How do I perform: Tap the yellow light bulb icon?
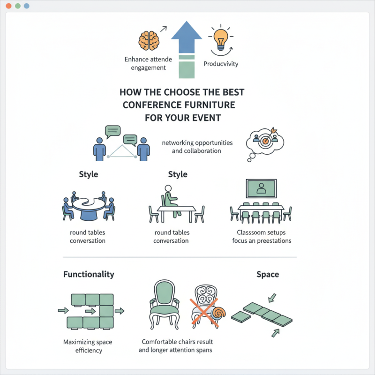(220, 37)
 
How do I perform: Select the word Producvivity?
(220, 64)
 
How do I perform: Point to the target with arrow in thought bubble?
(265, 139)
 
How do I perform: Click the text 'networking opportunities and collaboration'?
(196, 147)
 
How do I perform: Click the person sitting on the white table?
(170, 197)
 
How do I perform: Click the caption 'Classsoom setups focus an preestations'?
(262, 237)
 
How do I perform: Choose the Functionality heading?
(89, 274)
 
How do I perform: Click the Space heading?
(268, 274)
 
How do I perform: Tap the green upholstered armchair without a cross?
(164, 305)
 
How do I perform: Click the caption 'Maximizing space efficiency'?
(88, 346)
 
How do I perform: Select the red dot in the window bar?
(9, 6)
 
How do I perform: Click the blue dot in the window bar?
(26, 6)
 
